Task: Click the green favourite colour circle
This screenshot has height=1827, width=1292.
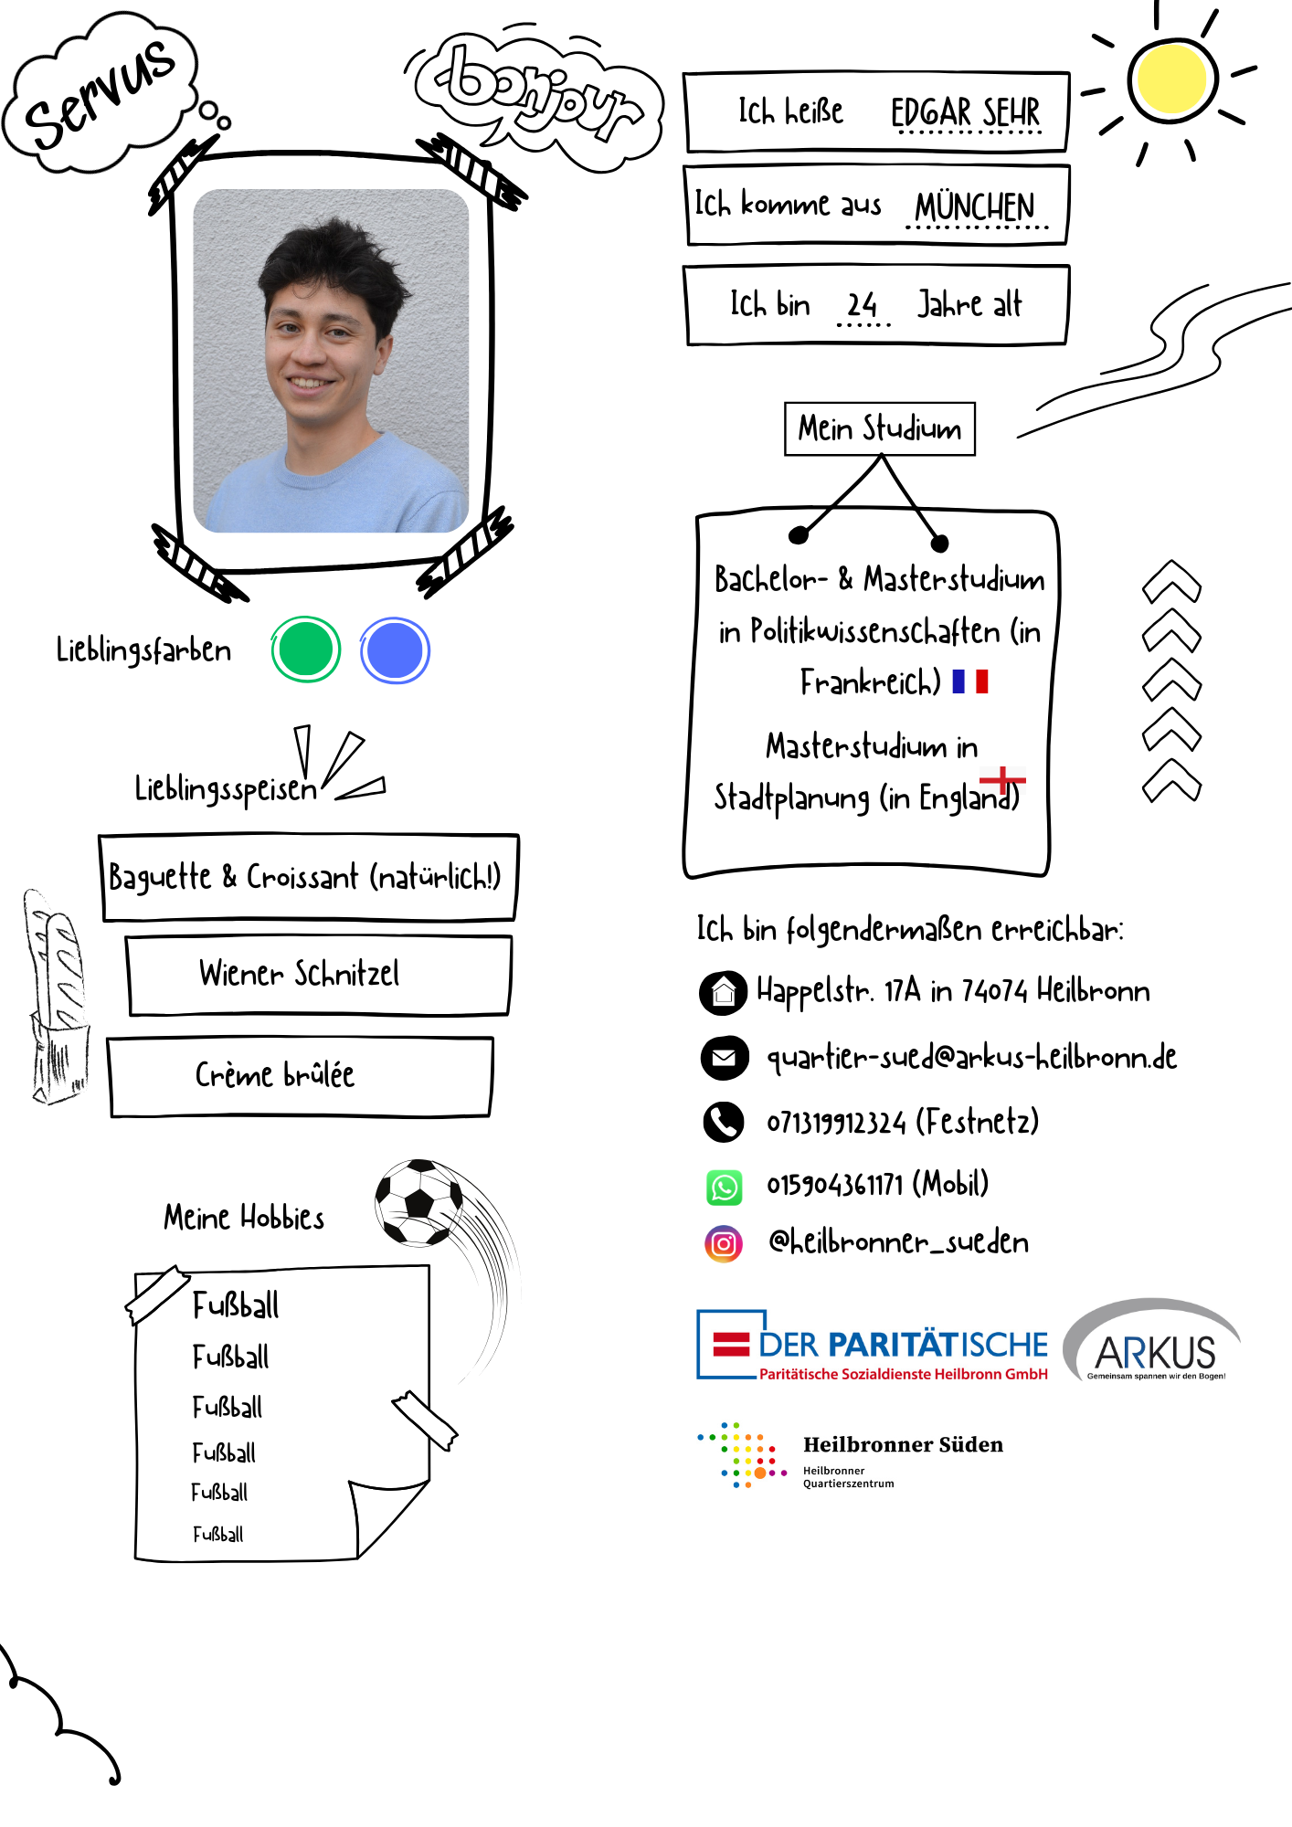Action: tap(306, 649)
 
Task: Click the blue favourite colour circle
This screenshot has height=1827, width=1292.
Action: tap(395, 650)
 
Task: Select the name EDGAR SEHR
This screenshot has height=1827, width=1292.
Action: tap(965, 112)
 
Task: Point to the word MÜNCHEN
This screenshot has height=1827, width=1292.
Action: tap(975, 206)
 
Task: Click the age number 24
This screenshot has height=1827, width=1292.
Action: tap(862, 304)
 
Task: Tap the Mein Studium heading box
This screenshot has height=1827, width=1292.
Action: tap(880, 428)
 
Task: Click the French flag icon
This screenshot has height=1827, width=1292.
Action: tap(970, 681)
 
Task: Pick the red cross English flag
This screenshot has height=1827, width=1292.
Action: tap(1002, 780)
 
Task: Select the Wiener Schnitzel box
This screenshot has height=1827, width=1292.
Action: tap(318, 975)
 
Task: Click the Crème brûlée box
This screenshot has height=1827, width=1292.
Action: tap(300, 1076)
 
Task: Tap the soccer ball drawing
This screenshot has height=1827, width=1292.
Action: tap(419, 1202)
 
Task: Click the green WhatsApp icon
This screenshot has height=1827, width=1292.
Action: tap(725, 1187)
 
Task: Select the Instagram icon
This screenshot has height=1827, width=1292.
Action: tap(724, 1243)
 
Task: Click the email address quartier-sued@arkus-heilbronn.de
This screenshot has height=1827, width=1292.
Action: tap(971, 1057)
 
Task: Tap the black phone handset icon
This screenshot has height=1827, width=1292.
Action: tap(725, 1122)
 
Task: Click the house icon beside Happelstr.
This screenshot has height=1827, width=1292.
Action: tap(724, 993)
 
